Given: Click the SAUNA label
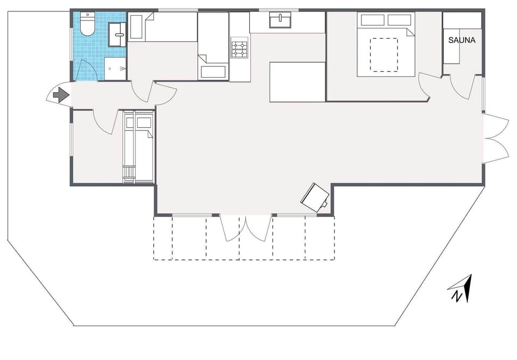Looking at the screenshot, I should point(462,40).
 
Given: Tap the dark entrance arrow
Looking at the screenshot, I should point(61,95).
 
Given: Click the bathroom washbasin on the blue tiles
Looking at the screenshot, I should point(117,34).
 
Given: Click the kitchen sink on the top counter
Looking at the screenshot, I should point(280,20).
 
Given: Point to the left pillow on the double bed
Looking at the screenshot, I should point(373,20).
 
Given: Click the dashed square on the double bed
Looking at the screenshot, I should point(384,54).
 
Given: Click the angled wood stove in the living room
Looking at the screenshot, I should point(315,197).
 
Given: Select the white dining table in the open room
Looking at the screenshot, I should point(297,81).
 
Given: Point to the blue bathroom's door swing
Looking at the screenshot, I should point(85,71).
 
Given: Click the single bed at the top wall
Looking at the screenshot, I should point(171,27).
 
